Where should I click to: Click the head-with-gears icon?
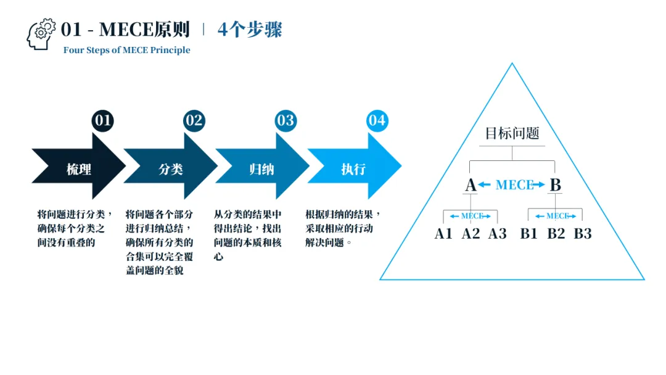click(x=41, y=33)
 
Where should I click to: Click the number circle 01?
click(x=103, y=120)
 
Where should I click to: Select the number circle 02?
click(x=194, y=120)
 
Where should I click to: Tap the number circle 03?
click(x=286, y=120)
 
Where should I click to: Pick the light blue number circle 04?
click(x=377, y=120)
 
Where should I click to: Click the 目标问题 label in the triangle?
click(x=512, y=133)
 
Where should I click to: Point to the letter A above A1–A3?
click(x=470, y=184)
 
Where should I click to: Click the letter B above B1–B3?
click(x=555, y=184)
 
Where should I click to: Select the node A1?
click(x=443, y=234)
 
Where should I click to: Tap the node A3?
click(x=498, y=234)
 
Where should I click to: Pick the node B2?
click(x=556, y=234)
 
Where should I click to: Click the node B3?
click(x=583, y=234)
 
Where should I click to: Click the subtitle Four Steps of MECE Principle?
click(x=126, y=50)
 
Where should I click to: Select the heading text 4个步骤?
click(x=250, y=30)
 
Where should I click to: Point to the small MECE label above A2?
click(x=471, y=216)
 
